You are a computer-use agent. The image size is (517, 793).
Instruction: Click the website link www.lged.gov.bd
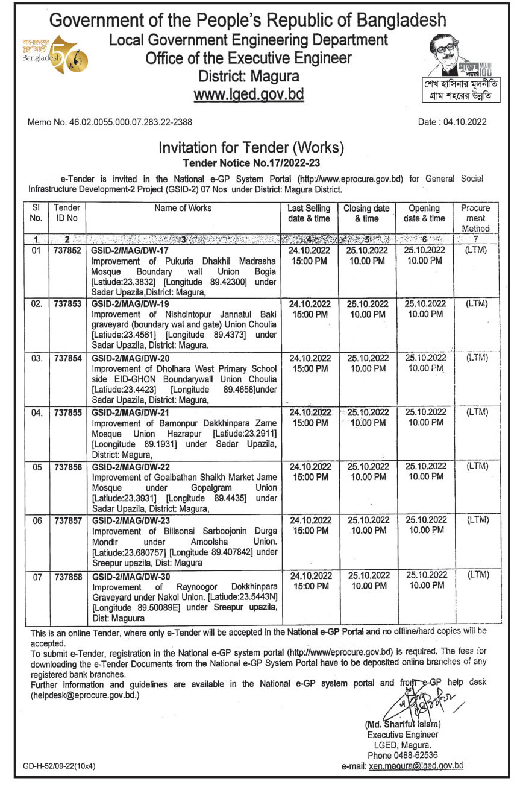click(x=249, y=94)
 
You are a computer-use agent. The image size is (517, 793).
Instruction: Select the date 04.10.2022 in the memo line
click(x=463, y=122)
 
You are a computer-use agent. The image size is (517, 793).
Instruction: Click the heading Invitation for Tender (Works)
click(x=251, y=147)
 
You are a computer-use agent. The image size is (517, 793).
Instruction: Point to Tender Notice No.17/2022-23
click(x=251, y=162)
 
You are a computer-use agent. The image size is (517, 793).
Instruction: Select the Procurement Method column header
click(x=475, y=218)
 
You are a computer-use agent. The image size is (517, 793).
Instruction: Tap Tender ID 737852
click(x=67, y=250)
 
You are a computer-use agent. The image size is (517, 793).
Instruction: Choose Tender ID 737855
click(x=67, y=412)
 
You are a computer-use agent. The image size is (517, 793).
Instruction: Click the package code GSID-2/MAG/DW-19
click(x=128, y=304)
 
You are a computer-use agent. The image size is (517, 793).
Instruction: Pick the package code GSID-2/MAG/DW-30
click(x=128, y=576)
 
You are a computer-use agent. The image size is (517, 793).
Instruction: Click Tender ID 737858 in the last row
click(x=67, y=577)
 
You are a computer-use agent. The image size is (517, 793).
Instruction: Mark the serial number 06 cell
click(x=37, y=521)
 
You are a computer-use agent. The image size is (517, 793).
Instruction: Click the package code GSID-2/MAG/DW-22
click(x=128, y=467)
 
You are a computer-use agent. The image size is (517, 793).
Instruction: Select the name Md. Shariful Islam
click(x=403, y=724)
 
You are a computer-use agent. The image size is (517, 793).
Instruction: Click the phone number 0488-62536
click(x=403, y=754)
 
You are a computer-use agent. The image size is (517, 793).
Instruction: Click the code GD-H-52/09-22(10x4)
click(x=59, y=766)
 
